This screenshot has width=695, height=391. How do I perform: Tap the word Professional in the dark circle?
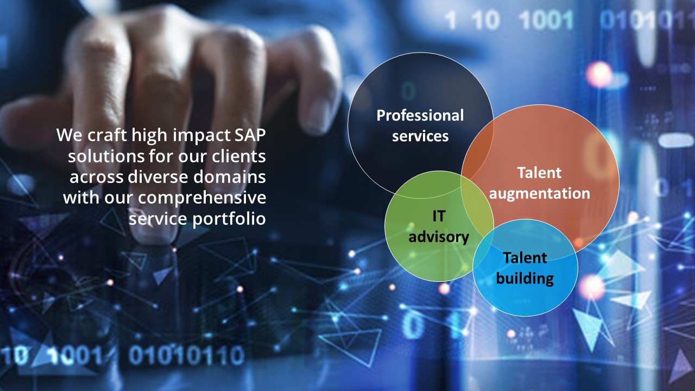click(420, 116)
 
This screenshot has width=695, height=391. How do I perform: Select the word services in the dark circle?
click(420, 136)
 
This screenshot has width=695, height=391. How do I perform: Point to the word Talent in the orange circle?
click(540, 173)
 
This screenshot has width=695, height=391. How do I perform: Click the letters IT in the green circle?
click(439, 216)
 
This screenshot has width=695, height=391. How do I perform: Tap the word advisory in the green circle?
click(439, 237)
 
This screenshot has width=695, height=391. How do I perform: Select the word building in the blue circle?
click(525, 279)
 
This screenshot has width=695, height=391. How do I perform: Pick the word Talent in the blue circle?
click(525, 257)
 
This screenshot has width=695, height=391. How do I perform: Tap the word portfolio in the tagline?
click(229, 219)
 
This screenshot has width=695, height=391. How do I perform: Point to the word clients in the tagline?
click(239, 156)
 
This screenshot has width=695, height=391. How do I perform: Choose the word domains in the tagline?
click(230, 177)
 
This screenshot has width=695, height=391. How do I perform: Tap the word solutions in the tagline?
click(106, 156)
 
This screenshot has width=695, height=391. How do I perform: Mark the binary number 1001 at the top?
click(546, 21)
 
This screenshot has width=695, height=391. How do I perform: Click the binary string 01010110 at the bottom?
click(186, 356)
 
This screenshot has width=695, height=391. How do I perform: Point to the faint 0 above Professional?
click(408, 91)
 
